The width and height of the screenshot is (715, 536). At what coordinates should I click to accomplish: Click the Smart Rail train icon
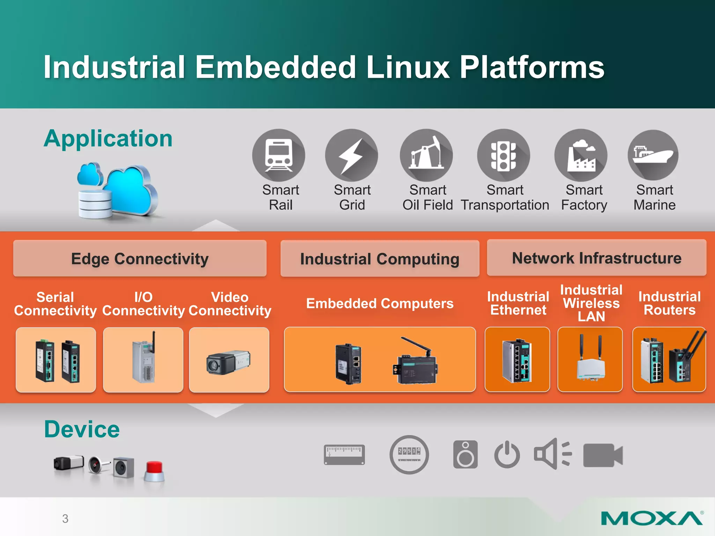tap(278, 155)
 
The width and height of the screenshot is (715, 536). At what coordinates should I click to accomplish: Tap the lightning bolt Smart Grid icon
tap(352, 155)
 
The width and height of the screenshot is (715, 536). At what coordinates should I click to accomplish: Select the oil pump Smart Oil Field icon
tap(426, 155)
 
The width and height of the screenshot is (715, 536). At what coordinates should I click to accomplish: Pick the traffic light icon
tap(503, 155)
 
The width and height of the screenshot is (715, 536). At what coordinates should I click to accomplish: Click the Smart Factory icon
tap(581, 155)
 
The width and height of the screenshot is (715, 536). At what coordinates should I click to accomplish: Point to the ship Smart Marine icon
tap(653, 155)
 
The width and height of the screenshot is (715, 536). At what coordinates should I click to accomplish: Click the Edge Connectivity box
tap(140, 259)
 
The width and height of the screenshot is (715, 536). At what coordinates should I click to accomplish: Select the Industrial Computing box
tap(379, 259)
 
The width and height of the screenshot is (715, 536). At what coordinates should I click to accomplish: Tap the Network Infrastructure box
tap(596, 258)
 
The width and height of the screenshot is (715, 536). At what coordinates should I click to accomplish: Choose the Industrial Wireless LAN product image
tap(590, 359)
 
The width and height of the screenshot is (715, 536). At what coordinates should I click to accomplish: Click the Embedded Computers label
tap(379, 303)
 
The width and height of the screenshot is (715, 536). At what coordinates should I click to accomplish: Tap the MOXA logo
tap(651, 519)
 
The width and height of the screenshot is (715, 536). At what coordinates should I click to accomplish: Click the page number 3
tap(65, 519)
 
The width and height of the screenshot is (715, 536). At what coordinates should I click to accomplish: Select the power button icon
tap(507, 455)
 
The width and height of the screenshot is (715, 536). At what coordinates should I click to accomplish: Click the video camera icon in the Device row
tap(603, 455)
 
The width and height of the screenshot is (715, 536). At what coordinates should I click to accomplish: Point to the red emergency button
tap(154, 471)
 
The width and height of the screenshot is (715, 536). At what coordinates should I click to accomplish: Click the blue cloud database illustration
tap(117, 190)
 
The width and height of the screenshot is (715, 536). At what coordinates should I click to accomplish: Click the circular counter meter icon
tap(409, 455)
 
